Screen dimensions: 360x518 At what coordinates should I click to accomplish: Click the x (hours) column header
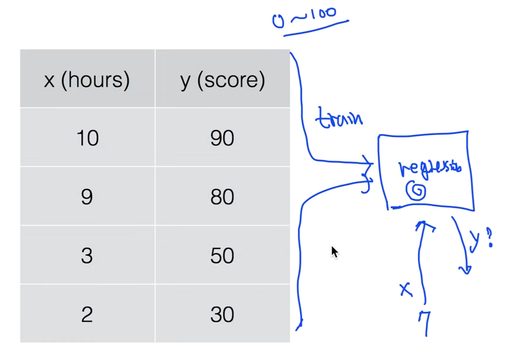(x=87, y=79)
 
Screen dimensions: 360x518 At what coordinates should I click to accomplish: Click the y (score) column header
(x=222, y=79)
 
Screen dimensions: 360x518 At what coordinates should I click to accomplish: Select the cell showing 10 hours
(x=87, y=138)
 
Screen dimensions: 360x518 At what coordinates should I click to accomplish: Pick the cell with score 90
(x=222, y=138)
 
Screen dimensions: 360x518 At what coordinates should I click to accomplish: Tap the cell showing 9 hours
(x=87, y=196)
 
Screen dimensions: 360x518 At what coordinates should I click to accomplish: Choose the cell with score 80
(x=222, y=196)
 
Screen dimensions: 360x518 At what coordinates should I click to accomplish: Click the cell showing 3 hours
(x=87, y=256)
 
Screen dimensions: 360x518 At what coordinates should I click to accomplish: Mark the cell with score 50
(x=222, y=256)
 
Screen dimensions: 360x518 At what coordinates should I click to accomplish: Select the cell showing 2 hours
(x=87, y=314)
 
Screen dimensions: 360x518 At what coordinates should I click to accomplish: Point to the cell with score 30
(x=222, y=314)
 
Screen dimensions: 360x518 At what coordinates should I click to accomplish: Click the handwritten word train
(x=339, y=118)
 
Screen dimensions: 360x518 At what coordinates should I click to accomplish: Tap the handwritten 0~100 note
(x=310, y=17)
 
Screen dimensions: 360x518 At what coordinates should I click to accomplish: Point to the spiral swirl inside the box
(x=417, y=191)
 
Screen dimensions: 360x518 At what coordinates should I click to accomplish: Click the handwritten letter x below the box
(x=406, y=290)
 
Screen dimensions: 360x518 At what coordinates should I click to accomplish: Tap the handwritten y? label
(x=481, y=239)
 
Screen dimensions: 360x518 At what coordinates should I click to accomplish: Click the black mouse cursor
(x=334, y=252)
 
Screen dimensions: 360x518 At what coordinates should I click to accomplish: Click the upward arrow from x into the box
(x=423, y=251)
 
